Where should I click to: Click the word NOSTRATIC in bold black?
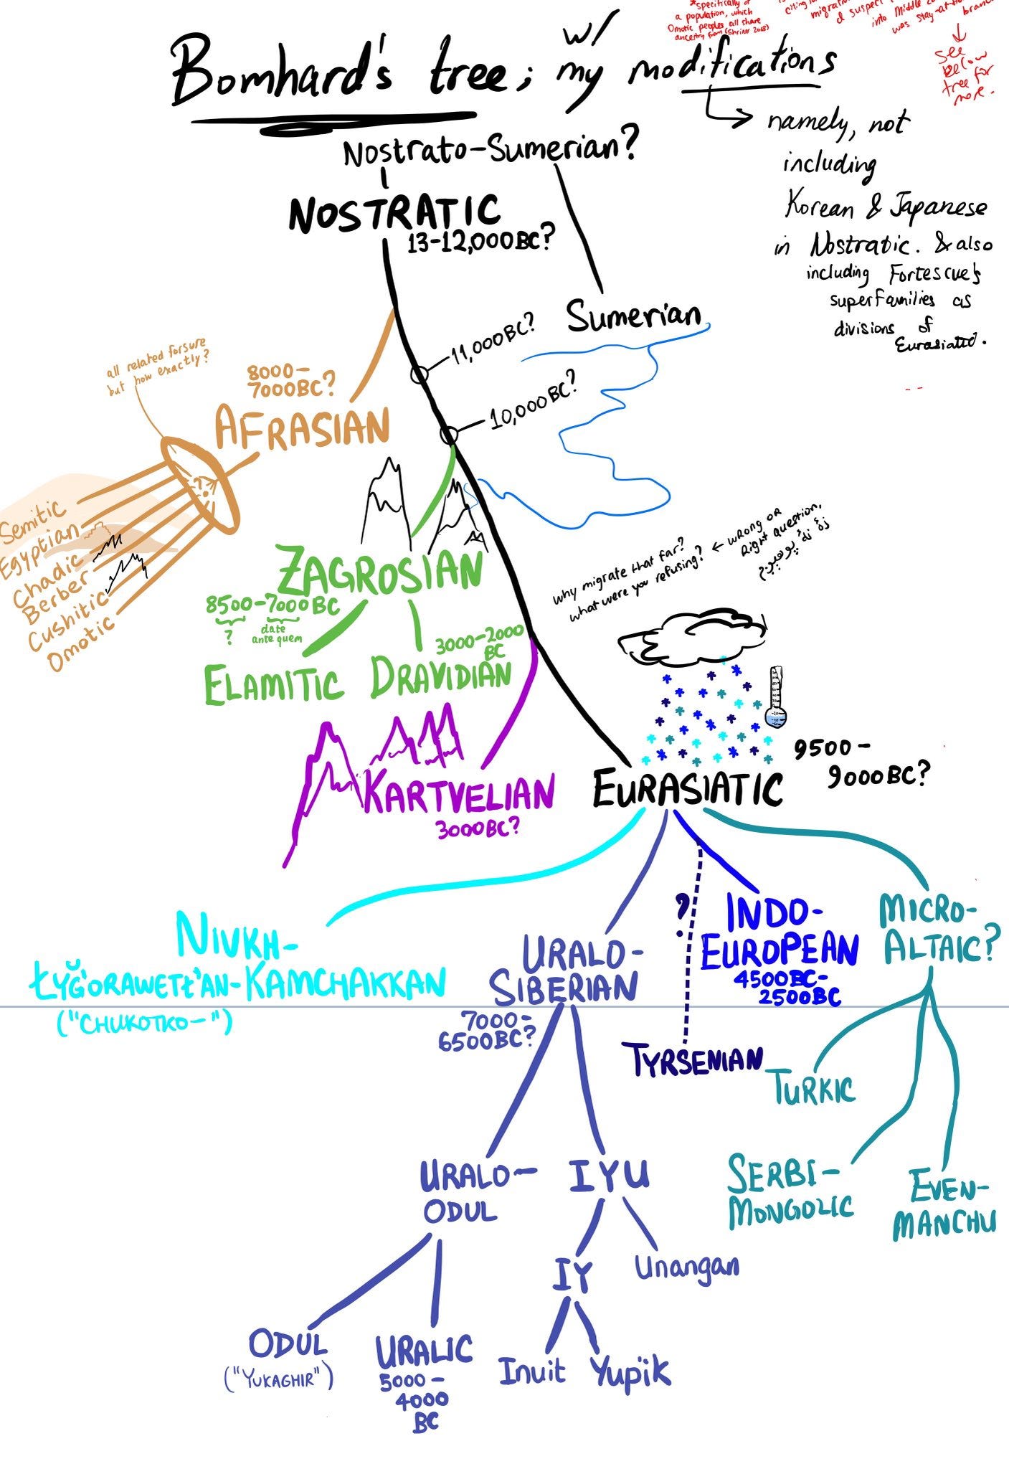point(394,213)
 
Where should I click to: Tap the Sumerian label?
point(633,316)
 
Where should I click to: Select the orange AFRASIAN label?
point(302,428)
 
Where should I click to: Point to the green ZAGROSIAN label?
point(379,572)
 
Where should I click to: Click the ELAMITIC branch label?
point(273,684)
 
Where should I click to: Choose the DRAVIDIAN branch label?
point(441,678)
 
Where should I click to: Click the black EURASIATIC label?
point(687,788)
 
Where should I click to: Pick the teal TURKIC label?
point(814,1089)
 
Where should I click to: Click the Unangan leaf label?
point(686,1267)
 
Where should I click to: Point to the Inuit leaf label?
point(531,1371)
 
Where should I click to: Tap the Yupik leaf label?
point(630,1372)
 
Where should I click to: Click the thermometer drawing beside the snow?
point(775,697)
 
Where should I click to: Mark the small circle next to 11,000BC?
point(420,374)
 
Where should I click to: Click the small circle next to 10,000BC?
point(449,435)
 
